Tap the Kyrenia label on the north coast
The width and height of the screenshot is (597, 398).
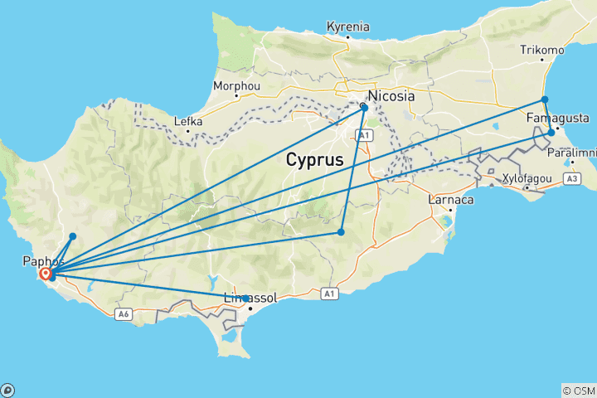point(348,27)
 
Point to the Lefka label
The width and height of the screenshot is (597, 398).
point(188,121)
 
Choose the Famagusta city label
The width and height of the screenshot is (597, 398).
point(558,119)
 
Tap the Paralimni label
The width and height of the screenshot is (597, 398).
point(572,153)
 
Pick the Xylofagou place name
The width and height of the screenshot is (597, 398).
point(527,178)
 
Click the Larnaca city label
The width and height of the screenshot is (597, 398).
point(450,200)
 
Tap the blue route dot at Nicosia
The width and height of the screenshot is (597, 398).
point(364,107)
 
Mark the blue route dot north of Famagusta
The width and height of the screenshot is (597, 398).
point(545,99)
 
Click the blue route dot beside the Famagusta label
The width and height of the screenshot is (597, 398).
point(551,132)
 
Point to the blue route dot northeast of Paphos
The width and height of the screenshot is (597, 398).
point(73,236)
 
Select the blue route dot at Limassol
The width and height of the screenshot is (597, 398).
point(245,298)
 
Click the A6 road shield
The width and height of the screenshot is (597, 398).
point(124,313)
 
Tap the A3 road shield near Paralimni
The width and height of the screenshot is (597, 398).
point(570,177)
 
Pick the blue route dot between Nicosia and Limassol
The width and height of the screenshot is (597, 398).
point(341,232)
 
